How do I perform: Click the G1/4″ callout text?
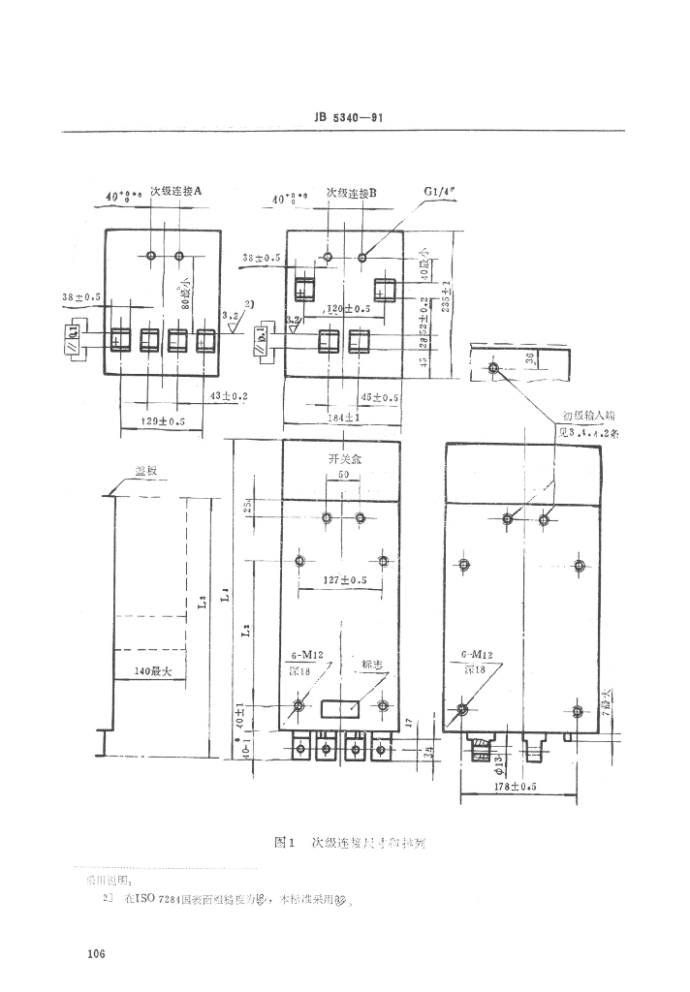pyautogui.click(x=440, y=192)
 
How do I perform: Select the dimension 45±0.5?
pyautogui.click(x=380, y=397)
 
